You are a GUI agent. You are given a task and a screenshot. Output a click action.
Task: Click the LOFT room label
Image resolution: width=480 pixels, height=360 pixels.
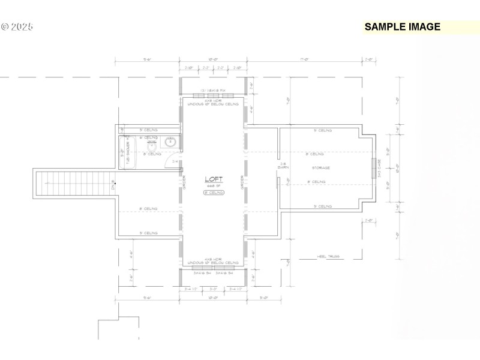pyautogui.click(x=213, y=179)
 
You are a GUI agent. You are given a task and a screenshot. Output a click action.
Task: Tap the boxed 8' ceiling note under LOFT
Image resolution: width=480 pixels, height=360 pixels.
pyautogui.click(x=213, y=193)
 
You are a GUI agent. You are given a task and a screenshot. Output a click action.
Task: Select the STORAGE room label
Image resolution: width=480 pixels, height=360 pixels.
pyautogui.click(x=320, y=168)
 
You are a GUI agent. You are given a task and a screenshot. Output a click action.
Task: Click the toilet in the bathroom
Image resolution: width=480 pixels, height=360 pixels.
pyautogui.click(x=152, y=146)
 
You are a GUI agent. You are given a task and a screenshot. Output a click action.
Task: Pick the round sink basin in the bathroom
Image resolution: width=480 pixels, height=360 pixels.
pyautogui.click(x=170, y=143)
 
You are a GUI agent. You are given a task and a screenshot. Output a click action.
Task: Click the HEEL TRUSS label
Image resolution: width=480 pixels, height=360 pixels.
pyautogui.click(x=328, y=256)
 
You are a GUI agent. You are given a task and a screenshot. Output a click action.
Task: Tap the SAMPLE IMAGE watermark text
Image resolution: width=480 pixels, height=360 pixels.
pyautogui.click(x=402, y=26)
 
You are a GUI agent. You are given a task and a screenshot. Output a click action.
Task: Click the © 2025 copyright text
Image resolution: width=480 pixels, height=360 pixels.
pyautogui.click(x=17, y=26)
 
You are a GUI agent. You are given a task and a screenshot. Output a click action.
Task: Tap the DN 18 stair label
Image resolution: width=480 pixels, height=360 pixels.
pyautogui.click(x=114, y=186)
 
